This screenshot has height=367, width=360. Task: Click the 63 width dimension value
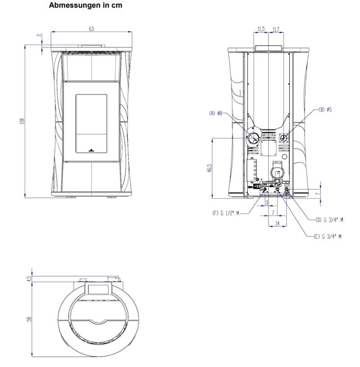[91, 29]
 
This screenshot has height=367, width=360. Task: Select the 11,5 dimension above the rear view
[261, 29]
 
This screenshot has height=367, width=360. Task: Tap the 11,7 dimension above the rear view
[276, 29]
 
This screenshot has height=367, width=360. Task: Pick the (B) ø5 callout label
[325, 110]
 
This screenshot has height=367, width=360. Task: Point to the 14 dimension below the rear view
[277, 223]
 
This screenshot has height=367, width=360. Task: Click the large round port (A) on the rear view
[254, 138]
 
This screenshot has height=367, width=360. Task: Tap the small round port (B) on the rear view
[284, 138]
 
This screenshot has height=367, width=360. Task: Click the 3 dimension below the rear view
[267, 203]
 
